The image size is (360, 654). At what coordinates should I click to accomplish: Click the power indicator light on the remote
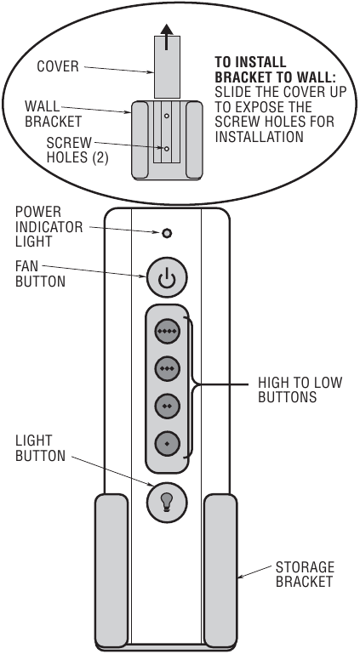pos(167,234)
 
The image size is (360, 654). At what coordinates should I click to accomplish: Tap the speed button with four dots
pos(168,331)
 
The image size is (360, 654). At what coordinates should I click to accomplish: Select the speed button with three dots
pos(168,368)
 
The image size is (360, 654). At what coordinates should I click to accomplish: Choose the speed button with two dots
pos(168,406)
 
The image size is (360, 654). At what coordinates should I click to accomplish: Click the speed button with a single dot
pos(168,443)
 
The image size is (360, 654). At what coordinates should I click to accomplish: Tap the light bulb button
pos(168,502)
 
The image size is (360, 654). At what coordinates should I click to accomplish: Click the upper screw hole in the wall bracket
pos(167,116)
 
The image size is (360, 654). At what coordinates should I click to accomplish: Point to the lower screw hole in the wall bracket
pos(167,149)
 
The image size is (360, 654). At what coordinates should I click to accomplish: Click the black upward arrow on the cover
pos(167,37)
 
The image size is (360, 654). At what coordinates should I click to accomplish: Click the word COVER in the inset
pos(58,66)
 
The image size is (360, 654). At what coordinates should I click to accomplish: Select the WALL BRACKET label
pos(53,113)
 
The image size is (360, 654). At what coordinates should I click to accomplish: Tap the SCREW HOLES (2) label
pos(77,150)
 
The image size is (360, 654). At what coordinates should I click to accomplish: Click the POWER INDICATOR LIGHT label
pos(49,226)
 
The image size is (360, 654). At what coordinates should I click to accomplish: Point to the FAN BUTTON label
pos(40,274)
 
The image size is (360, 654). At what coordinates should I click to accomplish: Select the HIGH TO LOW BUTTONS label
pos(300,390)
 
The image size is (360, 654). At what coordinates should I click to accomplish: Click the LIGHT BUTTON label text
pos(40,448)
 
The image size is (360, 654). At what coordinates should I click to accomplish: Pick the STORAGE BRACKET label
pos(305,574)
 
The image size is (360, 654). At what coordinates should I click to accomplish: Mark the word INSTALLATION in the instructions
pos(259,136)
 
